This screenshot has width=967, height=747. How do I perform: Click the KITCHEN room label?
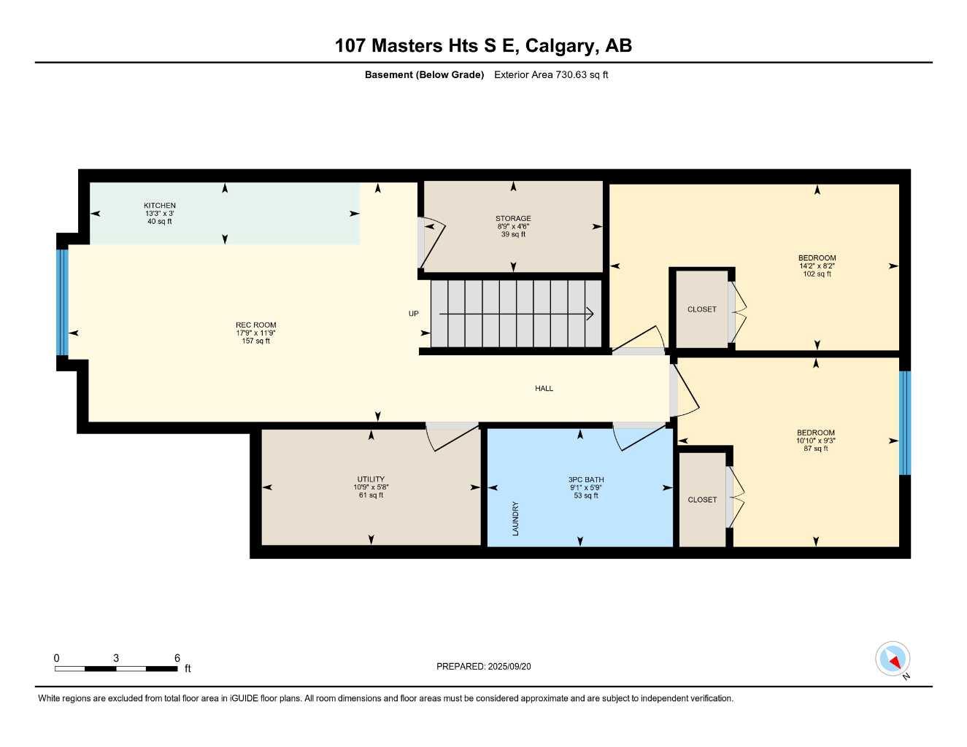(x=159, y=206)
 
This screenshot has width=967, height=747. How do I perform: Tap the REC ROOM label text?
(x=255, y=325)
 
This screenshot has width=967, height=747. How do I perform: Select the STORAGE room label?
(x=513, y=218)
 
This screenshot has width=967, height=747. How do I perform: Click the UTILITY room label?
(x=371, y=479)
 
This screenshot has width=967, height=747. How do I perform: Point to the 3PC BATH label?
(x=586, y=480)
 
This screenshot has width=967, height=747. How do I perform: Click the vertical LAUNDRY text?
(x=515, y=518)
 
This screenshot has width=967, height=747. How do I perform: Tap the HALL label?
(x=544, y=389)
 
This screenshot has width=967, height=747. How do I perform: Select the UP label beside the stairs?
(x=414, y=314)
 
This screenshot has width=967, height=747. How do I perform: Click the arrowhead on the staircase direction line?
(x=590, y=314)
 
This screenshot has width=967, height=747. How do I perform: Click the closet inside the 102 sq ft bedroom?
(x=701, y=309)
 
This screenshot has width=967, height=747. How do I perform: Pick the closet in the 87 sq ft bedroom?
(x=702, y=500)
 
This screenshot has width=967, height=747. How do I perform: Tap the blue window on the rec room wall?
(x=63, y=302)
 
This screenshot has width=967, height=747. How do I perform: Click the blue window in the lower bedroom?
(x=905, y=423)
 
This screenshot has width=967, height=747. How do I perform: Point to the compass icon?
(x=892, y=659)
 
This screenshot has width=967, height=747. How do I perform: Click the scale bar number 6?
(x=177, y=658)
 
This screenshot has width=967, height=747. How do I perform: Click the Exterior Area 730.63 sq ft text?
(x=551, y=74)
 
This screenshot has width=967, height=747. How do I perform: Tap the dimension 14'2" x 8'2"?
(x=817, y=266)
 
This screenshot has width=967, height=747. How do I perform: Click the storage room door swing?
(x=431, y=241)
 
